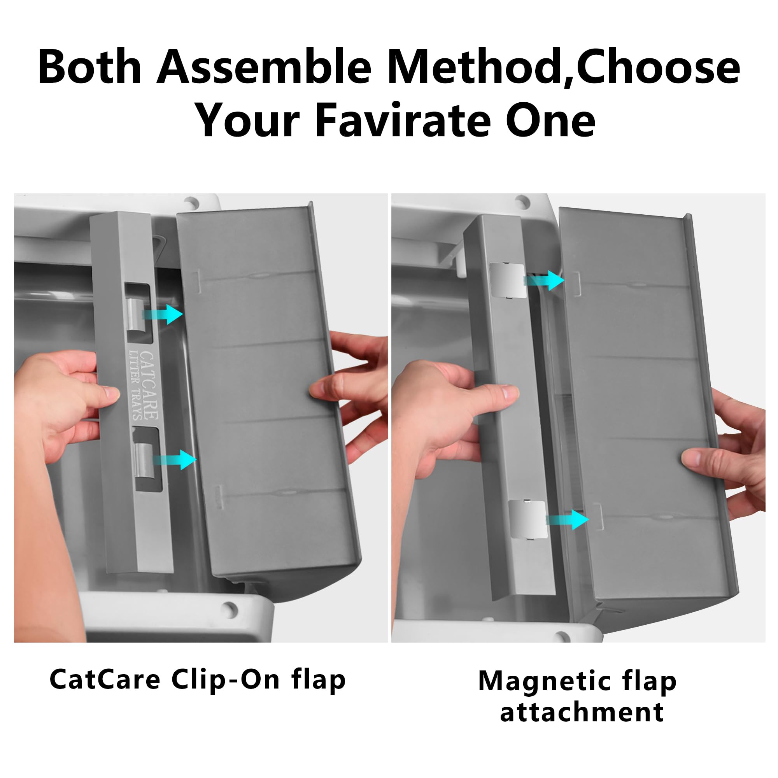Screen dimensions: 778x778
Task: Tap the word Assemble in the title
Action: [264, 67]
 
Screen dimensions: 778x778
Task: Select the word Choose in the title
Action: [659, 67]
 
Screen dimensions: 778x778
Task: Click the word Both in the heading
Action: [89, 67]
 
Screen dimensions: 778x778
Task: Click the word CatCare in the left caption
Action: [105, 680]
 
